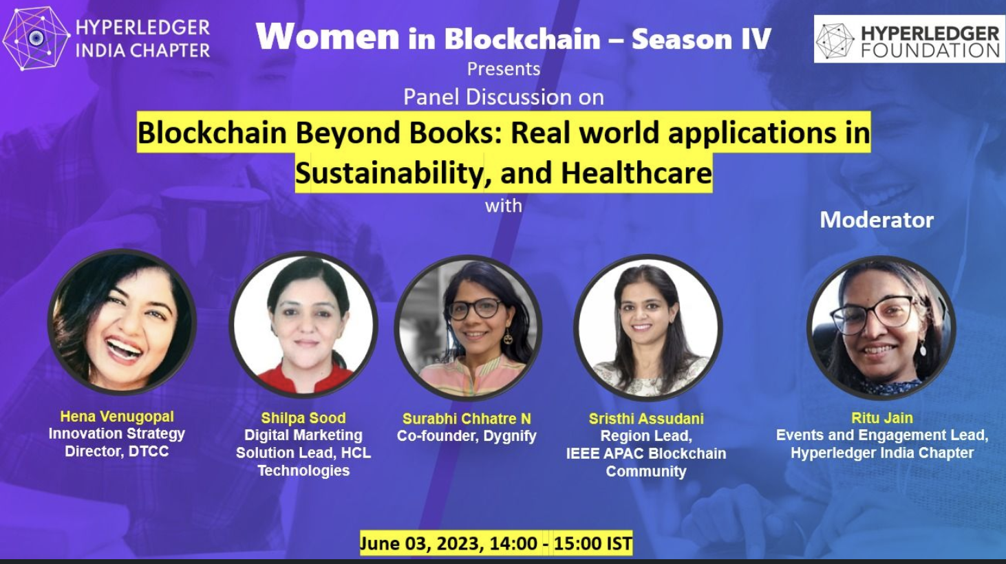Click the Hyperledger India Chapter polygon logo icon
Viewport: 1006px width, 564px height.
click(x=36, y=38)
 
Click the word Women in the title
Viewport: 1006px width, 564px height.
click(x=328, y=36)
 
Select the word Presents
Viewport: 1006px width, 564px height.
click(x=504, y=69)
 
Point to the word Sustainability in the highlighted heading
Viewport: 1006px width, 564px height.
click(x=389, y=173)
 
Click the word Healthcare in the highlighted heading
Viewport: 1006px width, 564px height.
click(x=636, y=173)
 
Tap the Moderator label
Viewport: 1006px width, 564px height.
click(x=877, y=220)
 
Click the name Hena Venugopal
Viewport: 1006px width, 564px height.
click(x=117, y=416)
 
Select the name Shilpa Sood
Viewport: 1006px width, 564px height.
click(x=303, y=417)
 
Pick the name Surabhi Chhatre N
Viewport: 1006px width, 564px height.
click(x=467, y=418)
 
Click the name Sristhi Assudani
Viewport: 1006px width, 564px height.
click(x=646, y=418)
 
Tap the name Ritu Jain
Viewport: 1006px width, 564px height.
click(x=882, y=417)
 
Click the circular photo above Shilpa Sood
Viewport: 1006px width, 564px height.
click(x=303, y=324)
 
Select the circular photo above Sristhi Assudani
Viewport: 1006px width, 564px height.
click(x=648, y=327)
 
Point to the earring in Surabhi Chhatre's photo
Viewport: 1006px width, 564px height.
click(x=509, y=338)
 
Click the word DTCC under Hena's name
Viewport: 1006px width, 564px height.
click(x=149, y=451)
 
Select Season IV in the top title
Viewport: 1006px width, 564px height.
click(x=701, y=38)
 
